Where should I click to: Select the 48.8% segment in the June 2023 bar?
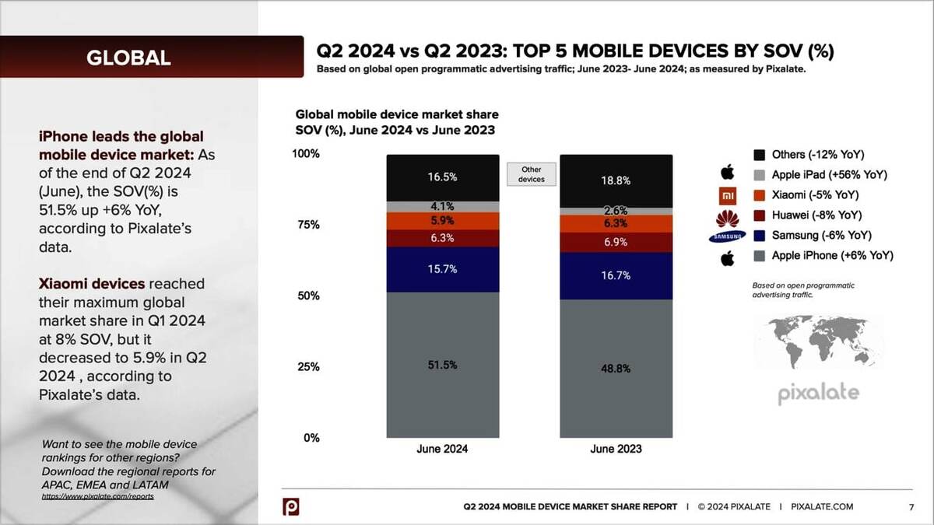pos(616,368)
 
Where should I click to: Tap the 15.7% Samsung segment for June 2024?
pos(442,269)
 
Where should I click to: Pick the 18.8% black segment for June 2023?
pos(616,180)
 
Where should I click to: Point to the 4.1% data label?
pos(442,207)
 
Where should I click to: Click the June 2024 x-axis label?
pos(442,450)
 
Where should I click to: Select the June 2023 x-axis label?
pos(616,450)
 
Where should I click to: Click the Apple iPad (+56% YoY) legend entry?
pos(829,174)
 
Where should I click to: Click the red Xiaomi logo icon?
pos(727,195)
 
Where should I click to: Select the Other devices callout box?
pos(532,174)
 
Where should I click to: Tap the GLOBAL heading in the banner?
pos(128,57)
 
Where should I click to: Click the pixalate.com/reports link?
pos(98,495)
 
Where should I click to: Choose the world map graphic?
pos(818,342)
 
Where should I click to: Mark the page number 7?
pos(911,507)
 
